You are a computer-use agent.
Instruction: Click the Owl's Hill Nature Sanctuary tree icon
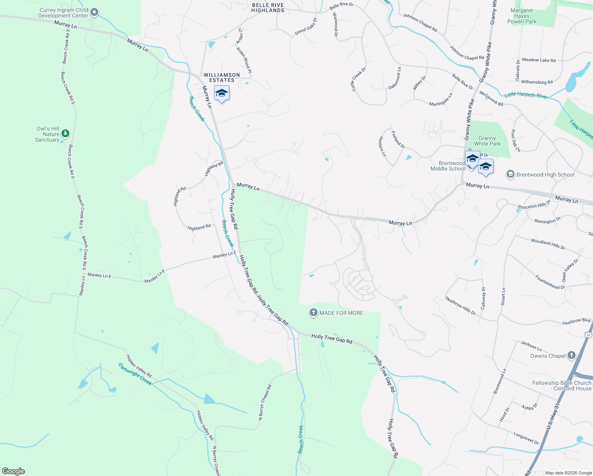click(x=66, y=134)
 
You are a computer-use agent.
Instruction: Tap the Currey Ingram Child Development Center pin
click(x=94, y=13)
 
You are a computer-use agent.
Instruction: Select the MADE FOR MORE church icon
click(x=313, y=313)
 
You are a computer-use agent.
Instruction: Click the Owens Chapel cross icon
click(x=571, y=355)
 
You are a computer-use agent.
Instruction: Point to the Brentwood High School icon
click(x=511, y=175)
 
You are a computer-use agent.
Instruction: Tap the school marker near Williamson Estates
click(x=222, y=94)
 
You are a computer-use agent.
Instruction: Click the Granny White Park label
click(x=487, y=141)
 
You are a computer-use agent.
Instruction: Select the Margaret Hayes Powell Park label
click(x=522, y=16)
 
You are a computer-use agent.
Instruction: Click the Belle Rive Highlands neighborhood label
click(x=268, y=8)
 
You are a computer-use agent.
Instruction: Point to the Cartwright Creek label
click(x=135, y=374)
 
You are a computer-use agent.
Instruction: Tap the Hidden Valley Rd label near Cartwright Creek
click(x=139, y=366)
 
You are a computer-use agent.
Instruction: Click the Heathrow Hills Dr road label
click(x=460, y=305)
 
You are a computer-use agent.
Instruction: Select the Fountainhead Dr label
click(x=550, y=282)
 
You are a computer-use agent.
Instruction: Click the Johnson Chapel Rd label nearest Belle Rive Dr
click(x=420, y=23)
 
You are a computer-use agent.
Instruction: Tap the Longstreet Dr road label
click(x=526, y=438)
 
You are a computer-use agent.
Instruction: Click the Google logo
click(x=13, y=471)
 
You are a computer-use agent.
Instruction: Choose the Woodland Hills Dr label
click(x=548, y=244)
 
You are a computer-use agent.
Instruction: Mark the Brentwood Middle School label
click(x=448, y=166)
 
